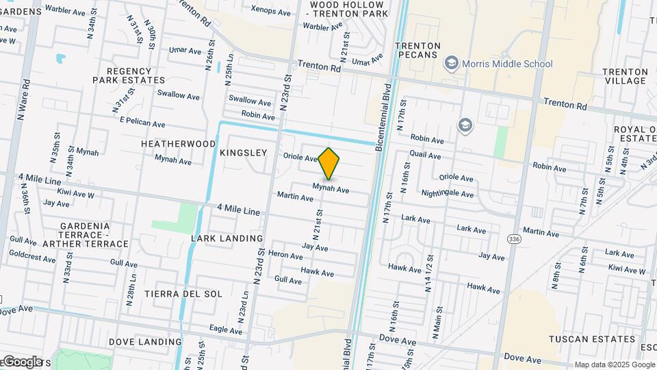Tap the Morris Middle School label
click(507, 64)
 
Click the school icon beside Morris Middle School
click(451, 64)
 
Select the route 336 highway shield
click(515, 238)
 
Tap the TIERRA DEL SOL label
click(183, 294)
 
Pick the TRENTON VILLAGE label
click(625, 76)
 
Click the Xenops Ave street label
click(271, 12)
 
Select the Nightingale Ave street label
click(448, 194)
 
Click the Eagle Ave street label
click(227, 330)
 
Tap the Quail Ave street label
click(425, 155)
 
